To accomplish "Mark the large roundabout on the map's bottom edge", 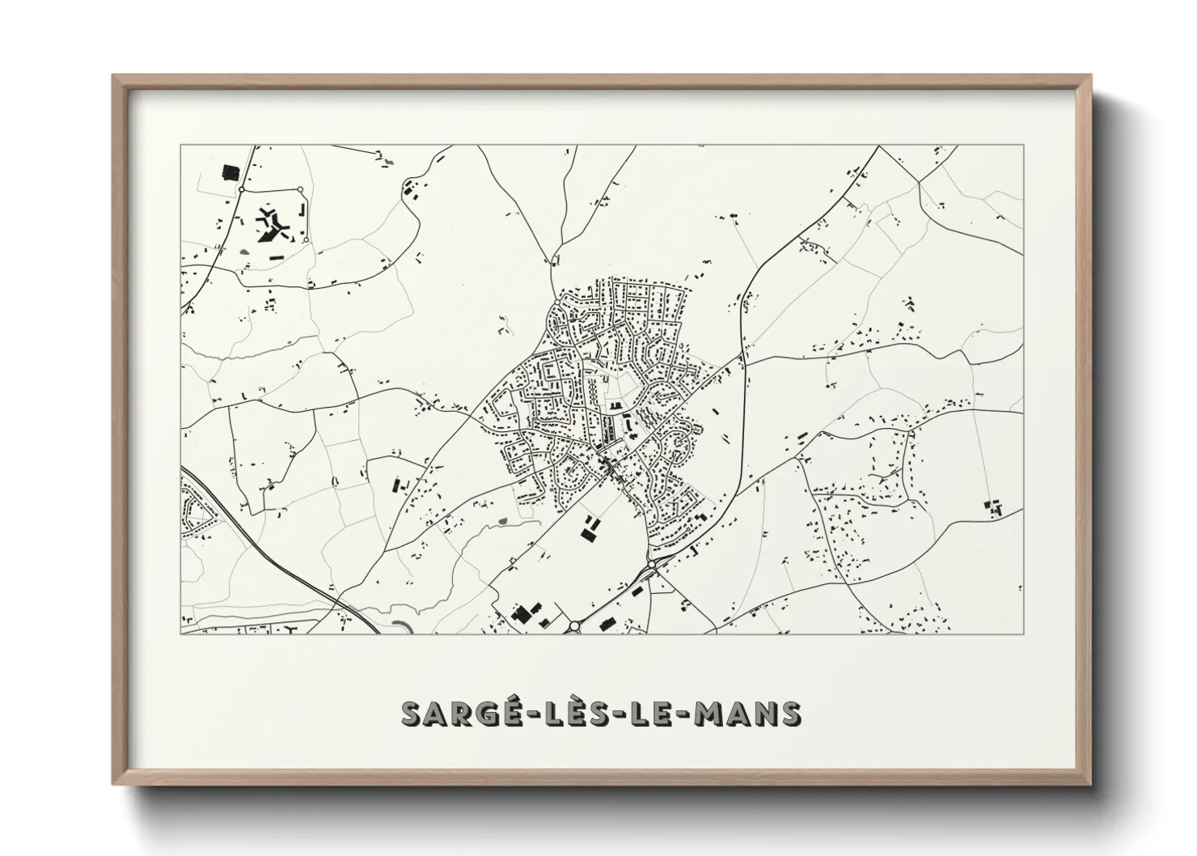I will point(575,625).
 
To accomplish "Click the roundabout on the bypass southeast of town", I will point(650,564).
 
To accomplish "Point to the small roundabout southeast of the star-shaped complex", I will point(306,239).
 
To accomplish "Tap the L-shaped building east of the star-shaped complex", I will point(303,209).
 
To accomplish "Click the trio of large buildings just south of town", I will point(590,529).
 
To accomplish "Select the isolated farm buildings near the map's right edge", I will point(993,508).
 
